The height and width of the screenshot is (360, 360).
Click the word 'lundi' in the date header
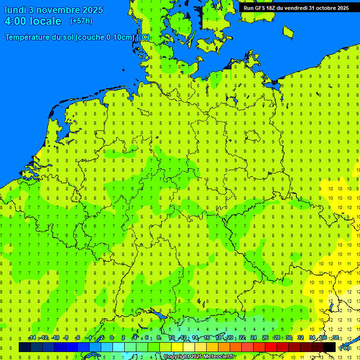15,10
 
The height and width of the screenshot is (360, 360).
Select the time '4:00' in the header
15,21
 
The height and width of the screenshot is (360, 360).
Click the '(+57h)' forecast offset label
81,21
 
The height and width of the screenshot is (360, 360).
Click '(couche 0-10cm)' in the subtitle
105,37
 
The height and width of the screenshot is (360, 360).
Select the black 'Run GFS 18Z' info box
296,8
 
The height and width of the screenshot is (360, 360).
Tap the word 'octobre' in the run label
320,8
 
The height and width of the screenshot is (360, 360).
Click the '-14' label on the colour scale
32,338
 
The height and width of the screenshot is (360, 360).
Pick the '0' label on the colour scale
112,338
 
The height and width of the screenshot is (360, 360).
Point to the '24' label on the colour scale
254,338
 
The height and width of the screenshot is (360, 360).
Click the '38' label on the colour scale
336,338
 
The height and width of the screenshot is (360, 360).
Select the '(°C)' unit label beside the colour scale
344,347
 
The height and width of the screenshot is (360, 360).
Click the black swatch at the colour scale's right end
330,347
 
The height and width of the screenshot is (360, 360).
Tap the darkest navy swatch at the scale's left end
25,347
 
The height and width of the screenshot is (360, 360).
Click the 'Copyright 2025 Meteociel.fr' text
199,357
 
